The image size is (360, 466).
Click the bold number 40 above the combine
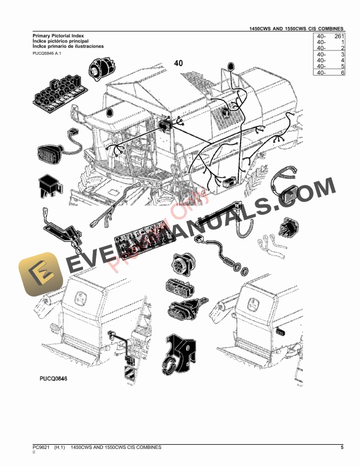click(x=179, y=63)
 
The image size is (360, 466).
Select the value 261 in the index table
click(x=337, y=36)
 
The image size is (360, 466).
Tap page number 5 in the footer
click(x=342, y=448)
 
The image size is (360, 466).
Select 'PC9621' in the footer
click(x=41, y=448)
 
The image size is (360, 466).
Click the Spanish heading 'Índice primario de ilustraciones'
click(x=68, y=46)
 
